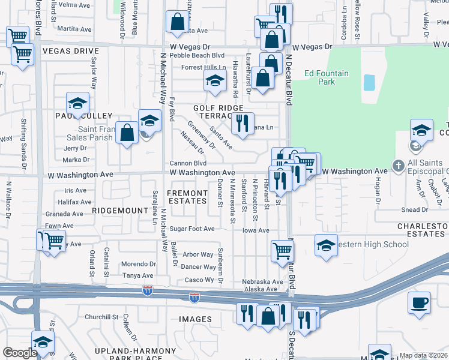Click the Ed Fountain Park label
[x=326, y=77]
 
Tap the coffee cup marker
[x=419, y=304]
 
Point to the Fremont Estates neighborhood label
[x=187, y=197]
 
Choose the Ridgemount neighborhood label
[x=120, y=211]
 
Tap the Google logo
[x=20, y=353]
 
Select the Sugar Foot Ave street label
[x=191, y=229]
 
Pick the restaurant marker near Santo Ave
[x=243, y=124]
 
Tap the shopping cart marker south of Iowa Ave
[x=282, y=251]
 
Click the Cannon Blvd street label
[x=188, y=163]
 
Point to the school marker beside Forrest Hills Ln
[x=214, y=81]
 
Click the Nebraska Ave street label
[x=262, y=281]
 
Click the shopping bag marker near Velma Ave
[x=177, y=22]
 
